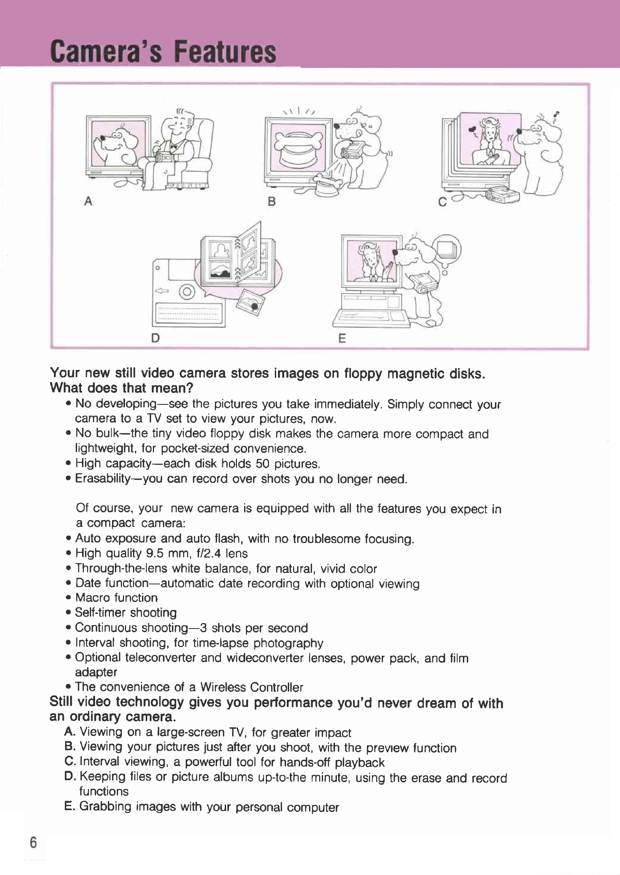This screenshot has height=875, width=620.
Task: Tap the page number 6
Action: click(x=33, y=842)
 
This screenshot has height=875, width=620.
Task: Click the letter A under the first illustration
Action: click(x=88, y=201)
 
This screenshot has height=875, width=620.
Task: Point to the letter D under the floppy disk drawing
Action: click(x=155, y=338)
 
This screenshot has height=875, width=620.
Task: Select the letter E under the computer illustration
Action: click(x=342, y=338)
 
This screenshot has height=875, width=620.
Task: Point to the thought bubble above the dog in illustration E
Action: click(x=447, y=250)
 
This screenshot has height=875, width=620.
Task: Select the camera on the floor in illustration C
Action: click(x=502, y=195)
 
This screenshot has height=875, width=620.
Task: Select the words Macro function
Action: click(x=117, y=598)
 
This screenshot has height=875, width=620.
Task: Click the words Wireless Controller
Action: click(x=252, y=688)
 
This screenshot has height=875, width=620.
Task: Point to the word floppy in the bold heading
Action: click(x=363, y=374)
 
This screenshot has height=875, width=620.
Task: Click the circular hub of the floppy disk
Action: click(x=187, y=292)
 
